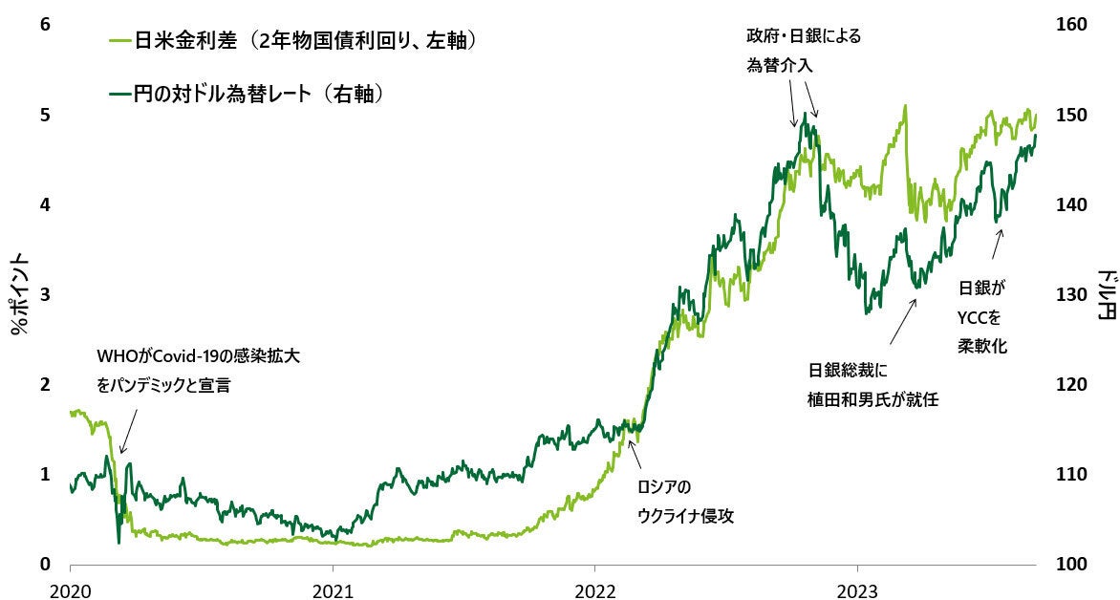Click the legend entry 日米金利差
[x=305, y=41]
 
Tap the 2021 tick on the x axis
[x=334, y=587]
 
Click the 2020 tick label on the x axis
[x=71, y=587]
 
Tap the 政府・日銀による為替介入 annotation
[x=804, y=52]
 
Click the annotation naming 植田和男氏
[x=872, y=386]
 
